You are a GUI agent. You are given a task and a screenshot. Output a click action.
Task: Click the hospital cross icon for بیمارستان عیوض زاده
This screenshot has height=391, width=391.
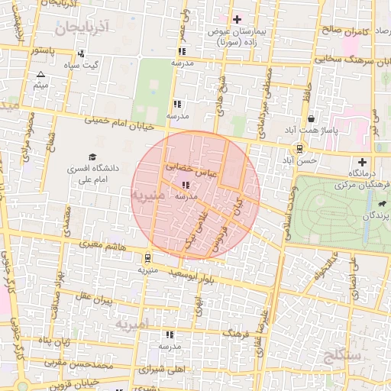click(x=237, y=19)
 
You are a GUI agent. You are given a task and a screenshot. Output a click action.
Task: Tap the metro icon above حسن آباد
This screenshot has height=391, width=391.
click(x=299, y=149)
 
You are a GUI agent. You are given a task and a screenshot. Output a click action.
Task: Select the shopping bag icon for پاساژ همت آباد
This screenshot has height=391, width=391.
click(x=311, y=119)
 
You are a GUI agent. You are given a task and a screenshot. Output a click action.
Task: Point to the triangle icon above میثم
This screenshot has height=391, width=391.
click(x=40, y=74)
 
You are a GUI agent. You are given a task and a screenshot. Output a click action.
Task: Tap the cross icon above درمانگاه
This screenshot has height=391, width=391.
click(x=362, y=162)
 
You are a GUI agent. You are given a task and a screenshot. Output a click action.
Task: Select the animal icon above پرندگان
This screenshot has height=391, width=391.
click(x=381, y=205)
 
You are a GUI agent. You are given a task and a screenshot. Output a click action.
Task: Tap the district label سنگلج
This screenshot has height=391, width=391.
click(x=341, y=355)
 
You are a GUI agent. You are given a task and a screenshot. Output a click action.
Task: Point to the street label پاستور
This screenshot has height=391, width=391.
click(x=43, y=50)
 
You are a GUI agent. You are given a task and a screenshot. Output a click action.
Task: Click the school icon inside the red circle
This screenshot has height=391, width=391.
click(x=186, y=184)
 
